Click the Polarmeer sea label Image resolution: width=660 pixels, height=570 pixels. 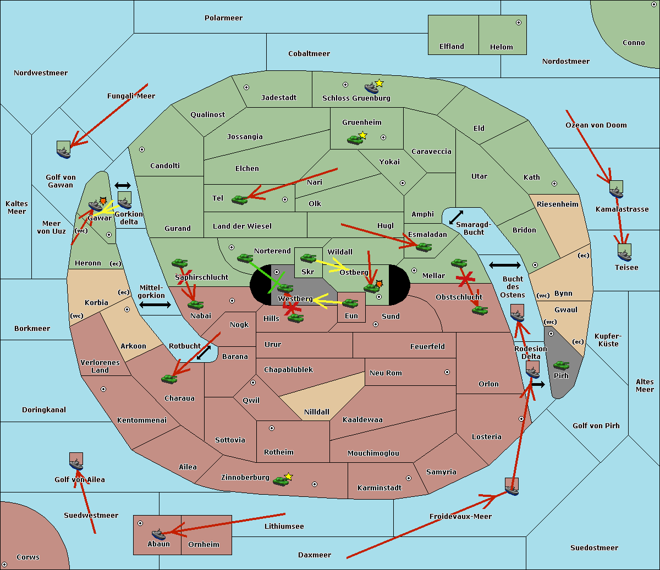223,18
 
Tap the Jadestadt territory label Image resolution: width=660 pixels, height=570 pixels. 278,98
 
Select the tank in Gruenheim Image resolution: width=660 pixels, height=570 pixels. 355,140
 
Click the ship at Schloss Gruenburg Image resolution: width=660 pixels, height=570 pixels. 371,88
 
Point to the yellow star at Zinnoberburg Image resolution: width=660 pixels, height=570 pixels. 289,476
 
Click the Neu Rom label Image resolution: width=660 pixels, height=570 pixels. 386,373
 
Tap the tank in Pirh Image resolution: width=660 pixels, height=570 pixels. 561,365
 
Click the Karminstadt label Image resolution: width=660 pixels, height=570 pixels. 380,488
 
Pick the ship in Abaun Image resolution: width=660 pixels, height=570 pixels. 158,534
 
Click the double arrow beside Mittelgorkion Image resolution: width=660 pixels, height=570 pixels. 155,305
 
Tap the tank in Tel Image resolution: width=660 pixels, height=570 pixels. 239,200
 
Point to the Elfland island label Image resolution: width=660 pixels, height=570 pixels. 452,47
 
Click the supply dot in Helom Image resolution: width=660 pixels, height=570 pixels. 518,23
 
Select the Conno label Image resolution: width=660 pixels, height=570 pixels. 634,43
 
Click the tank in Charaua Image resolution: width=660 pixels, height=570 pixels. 169,379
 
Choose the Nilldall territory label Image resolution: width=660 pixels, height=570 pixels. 316,412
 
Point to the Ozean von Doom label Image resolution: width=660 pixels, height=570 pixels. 596,125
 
